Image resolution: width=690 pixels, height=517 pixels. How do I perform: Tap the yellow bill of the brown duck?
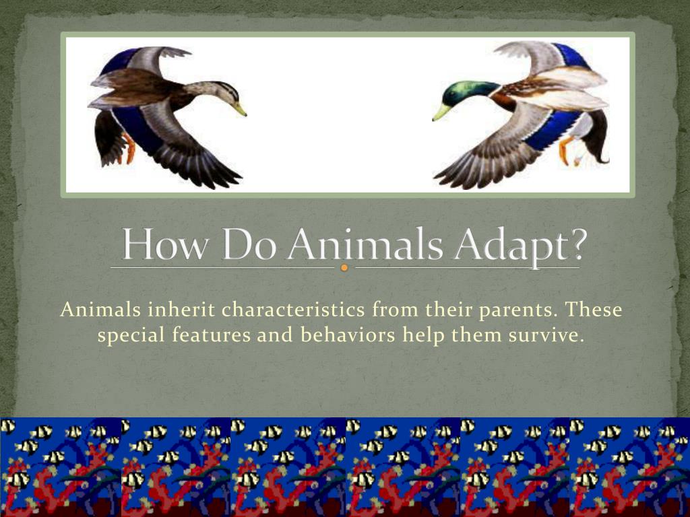point(239,108)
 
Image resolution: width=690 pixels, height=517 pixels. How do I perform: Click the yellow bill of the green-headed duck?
point(441,111)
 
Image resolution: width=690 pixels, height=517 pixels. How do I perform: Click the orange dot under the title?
point(344,268)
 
